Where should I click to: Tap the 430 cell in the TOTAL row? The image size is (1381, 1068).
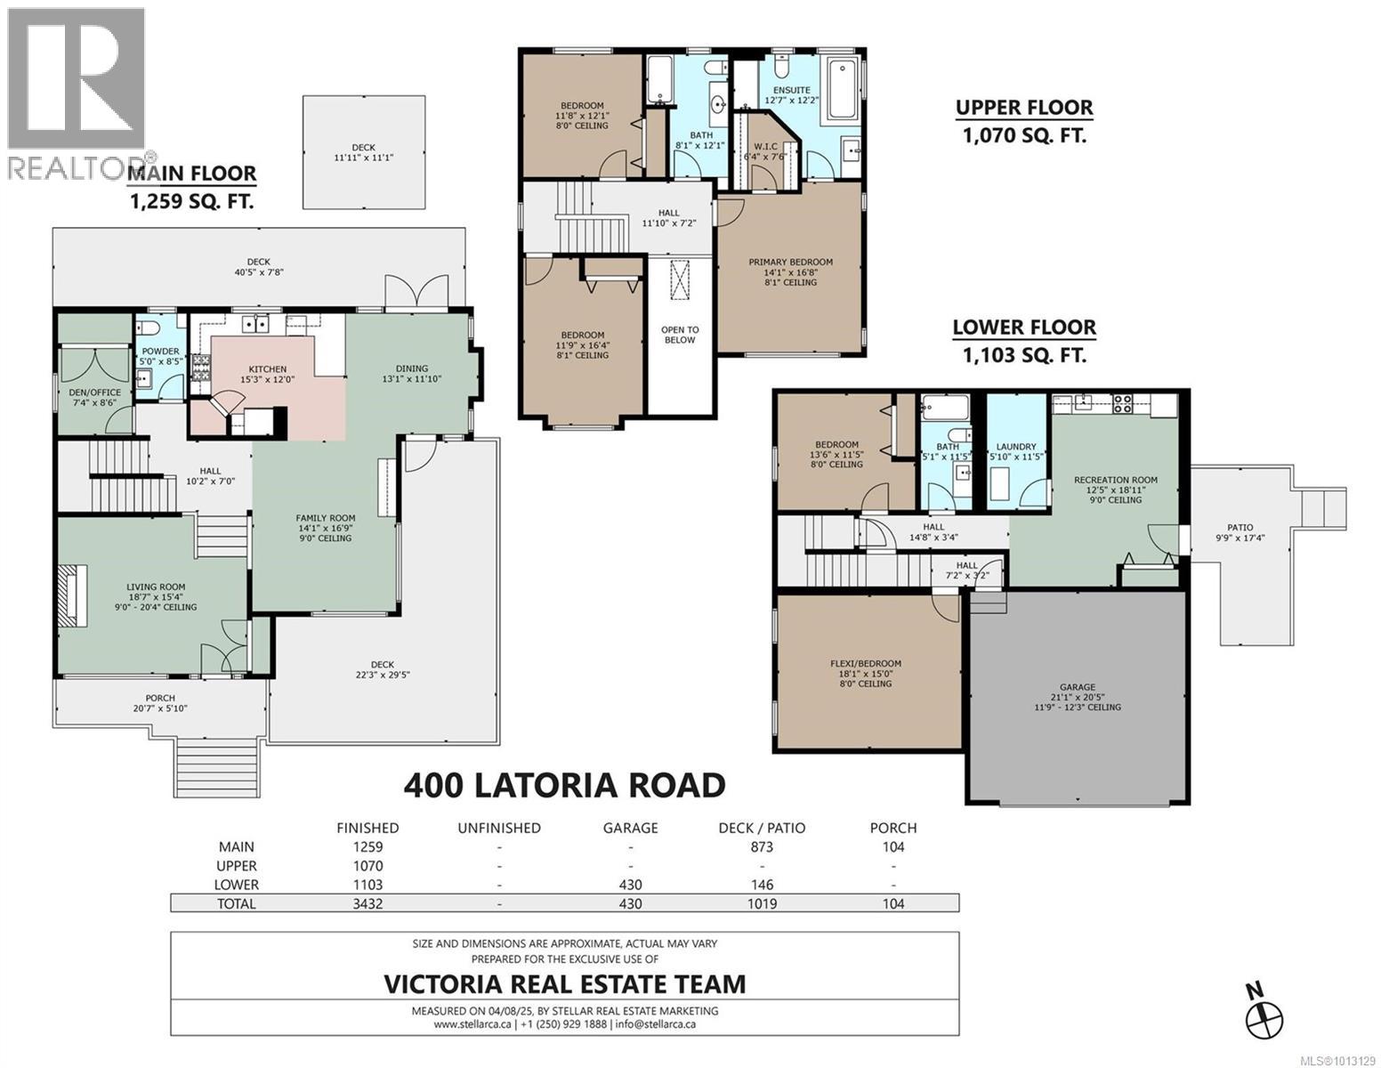point(630,903)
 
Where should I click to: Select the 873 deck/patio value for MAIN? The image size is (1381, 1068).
point(762,847)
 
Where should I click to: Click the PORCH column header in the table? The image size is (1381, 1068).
point(892,829)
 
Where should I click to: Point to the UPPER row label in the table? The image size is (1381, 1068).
point(237,866)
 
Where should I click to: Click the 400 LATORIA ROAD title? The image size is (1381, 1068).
point(564,786)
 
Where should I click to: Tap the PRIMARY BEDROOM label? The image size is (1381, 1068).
point(790,262)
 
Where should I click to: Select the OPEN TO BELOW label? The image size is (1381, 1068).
point(680,335)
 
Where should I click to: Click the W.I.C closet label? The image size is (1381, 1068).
point(765,146)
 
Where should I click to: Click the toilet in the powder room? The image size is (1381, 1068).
point(149,328)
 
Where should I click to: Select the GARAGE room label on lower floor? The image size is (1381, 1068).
point(1078,687)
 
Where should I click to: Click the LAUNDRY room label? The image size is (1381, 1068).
point(1016,447)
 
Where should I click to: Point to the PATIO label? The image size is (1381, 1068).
point(1240,528)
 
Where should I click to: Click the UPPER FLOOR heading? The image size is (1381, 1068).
point(1024,108)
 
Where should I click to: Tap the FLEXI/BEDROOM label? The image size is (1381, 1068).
point(866,663)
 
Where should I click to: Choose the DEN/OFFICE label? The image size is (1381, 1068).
point(94,392)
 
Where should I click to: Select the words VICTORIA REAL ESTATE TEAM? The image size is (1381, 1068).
point(564,984)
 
